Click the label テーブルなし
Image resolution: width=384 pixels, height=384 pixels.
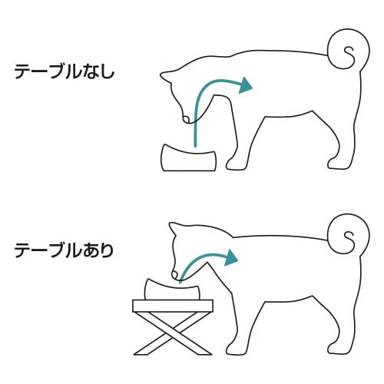pos(64,72)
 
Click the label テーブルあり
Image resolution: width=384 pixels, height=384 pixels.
pos(64,250)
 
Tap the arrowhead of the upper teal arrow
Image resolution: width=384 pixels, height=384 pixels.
pos(246,84)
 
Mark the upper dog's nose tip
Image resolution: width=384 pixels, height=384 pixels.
pos(185,121)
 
